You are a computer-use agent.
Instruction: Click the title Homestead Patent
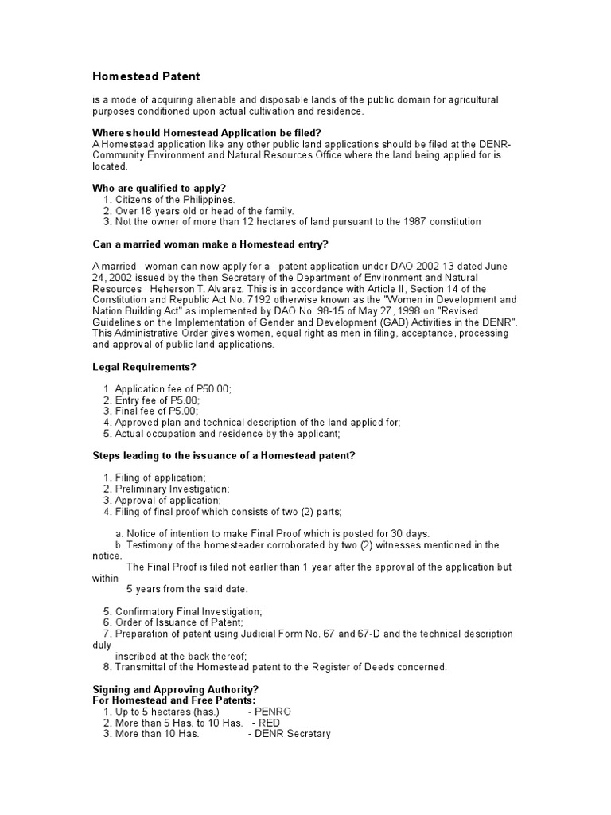(146, 76)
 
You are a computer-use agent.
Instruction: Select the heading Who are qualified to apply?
(160, 188)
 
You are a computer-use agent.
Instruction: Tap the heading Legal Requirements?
(144, 367)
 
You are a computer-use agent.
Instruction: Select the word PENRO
(273, 711)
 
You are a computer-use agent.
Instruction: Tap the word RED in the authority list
(268, 723)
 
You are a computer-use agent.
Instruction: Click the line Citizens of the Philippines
(175, 199)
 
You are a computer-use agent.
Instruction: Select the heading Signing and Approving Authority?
(175, 688)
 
